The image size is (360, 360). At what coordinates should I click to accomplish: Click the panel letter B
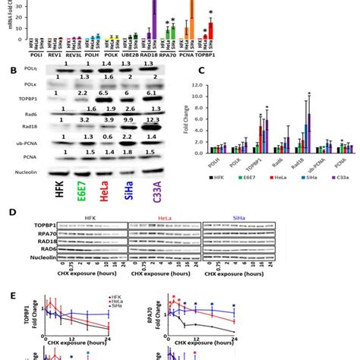click(x=9, y=71)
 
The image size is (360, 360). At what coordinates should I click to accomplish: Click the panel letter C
click(x=201, y=71)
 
